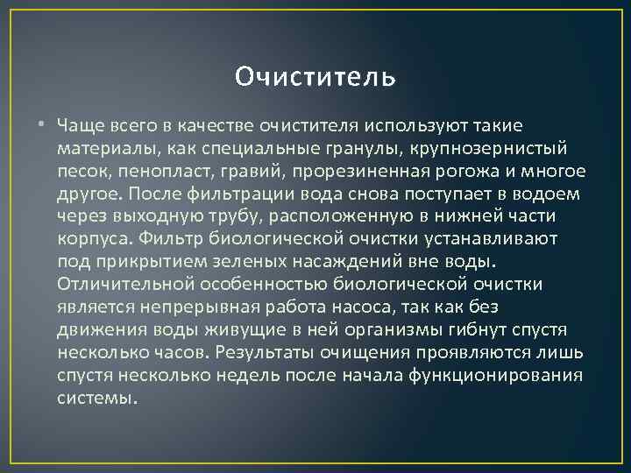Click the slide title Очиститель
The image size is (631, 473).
point(315,78)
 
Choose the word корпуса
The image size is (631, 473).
point(90,238)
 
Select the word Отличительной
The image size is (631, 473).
point(118,284)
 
